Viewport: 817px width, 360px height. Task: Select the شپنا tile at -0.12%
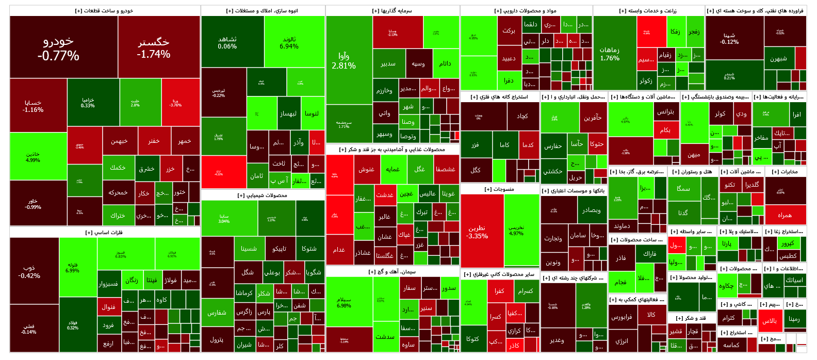[x=734, y=39]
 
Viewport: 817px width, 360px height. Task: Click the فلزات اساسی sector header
[x=105, y=233]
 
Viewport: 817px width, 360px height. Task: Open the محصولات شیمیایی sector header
[x=263, y=195]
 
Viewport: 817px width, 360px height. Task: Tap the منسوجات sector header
[x=499, y=189]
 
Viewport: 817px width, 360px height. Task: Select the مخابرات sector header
[x=785, y=172]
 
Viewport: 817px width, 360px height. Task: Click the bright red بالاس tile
[x=770, y=321]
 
